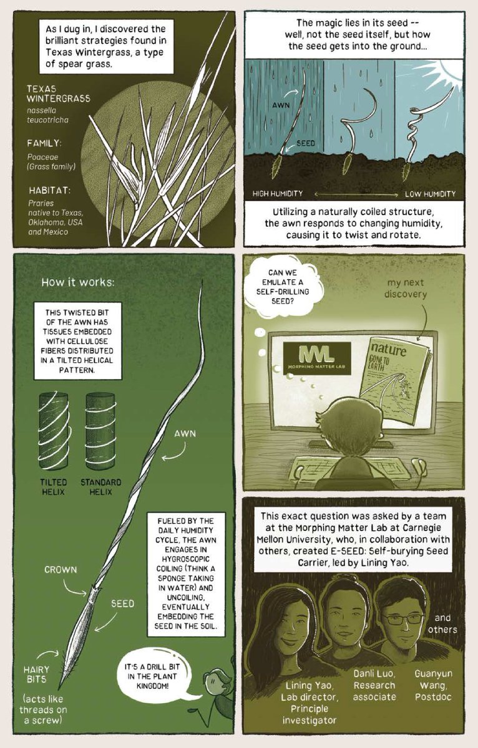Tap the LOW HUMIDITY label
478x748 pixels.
[430, 193]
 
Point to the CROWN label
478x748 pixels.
[61, 570]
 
